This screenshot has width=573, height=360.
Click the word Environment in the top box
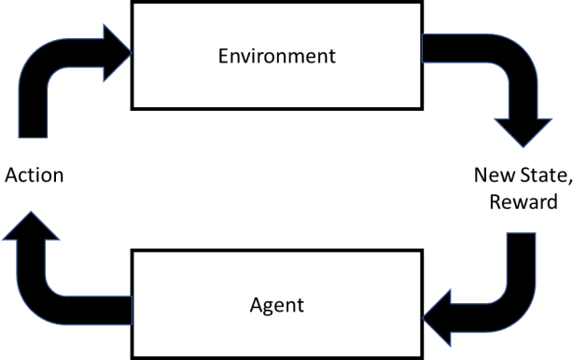pyautogui.click(x=276, y=54)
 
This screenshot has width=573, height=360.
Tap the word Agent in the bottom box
pyautogui.click(x=276, y=304)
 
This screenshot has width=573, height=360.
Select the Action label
pyautogui.click(x=35, y=175)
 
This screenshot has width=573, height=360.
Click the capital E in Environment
pyautogui.click(x=223, y=54)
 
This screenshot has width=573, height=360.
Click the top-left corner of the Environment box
pyautogui.click(x=133, y=3)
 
